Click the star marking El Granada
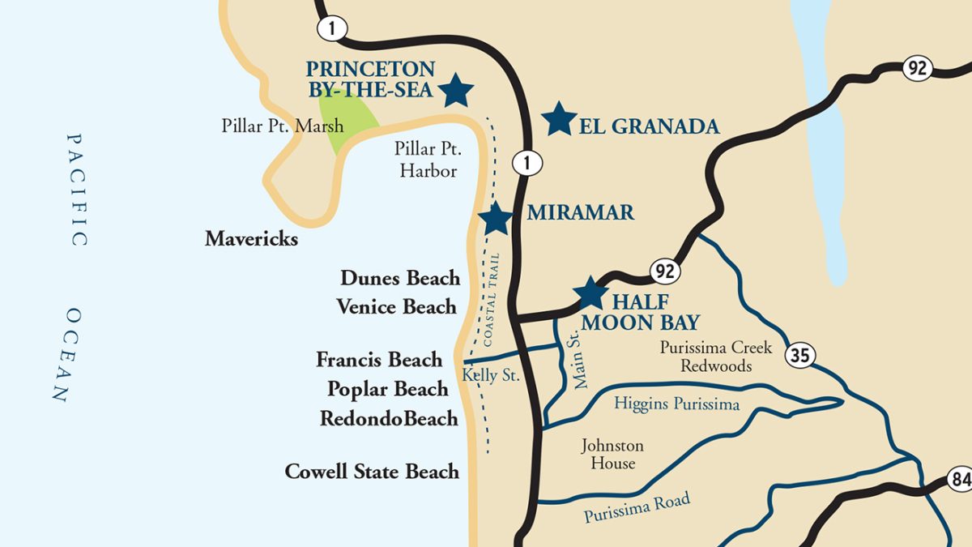tap(559, 119)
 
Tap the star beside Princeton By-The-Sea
tap(457, 91)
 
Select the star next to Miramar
tap(495, 218)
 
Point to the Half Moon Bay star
tap(590, 293)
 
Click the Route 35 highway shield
tap(799, 354)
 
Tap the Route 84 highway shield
tap(961, 480)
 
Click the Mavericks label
tap(251, 239)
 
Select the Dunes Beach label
tap(400, 278)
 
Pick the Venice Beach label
tap(397, 307)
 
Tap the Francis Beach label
tap(379, 359)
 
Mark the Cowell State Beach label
tap(372, 471)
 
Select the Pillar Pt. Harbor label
tap(425, 160)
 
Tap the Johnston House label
tap(612, 455)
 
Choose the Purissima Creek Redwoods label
tap(715, 357)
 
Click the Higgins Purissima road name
tap(676, 403)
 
